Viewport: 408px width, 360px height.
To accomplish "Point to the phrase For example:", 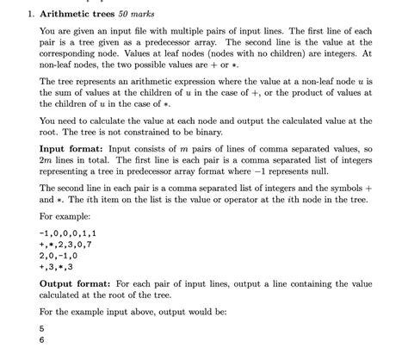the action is pyautogui.click(x=65, y=216).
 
